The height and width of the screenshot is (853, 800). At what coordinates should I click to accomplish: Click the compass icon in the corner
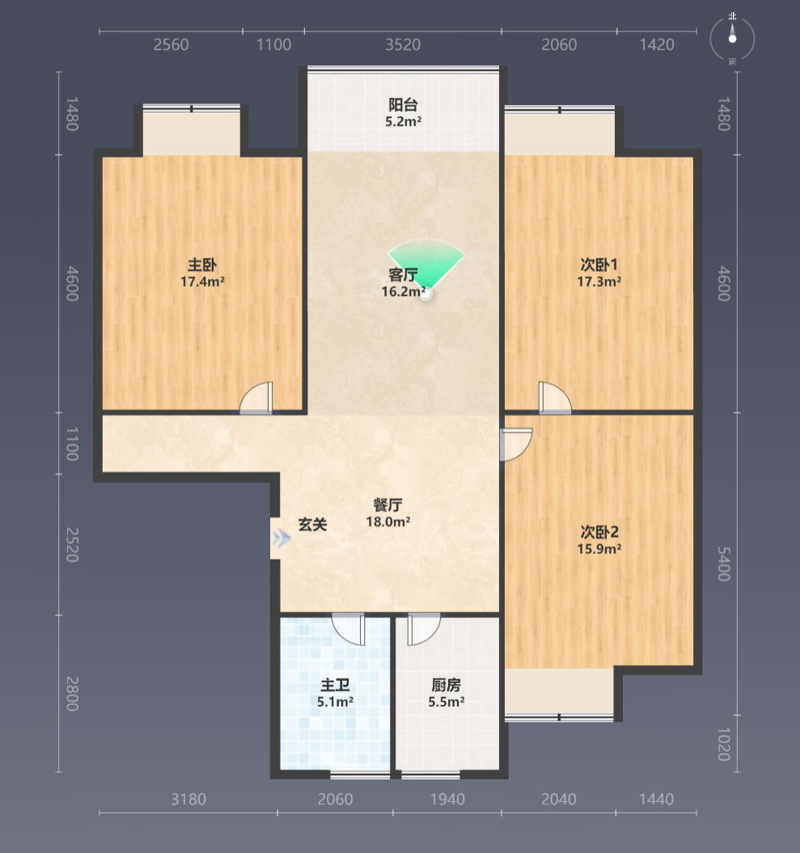click(x=732, y=39)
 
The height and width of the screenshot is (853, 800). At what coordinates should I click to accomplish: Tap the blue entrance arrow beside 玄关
click(x=282, y=538)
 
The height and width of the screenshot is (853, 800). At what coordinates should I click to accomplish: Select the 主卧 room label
click(x=202, y=265)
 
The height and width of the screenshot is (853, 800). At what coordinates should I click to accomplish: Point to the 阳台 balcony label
click(x=404, y=104)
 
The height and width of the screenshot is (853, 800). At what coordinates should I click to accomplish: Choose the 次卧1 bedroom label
click(x=599, y=264)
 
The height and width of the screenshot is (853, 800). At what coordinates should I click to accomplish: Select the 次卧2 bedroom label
click(x=599, y=531)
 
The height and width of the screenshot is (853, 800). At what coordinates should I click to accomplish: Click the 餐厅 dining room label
click(x=388, y=505)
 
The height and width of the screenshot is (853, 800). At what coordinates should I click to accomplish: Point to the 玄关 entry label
click(x=313, y=525)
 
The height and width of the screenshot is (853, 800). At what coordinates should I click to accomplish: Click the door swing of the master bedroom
click(x=256, y=398)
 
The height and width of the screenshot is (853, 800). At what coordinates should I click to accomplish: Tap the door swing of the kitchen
click(x=423, y=629)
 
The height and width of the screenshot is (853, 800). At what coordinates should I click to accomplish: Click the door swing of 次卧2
click(x=516, y=445)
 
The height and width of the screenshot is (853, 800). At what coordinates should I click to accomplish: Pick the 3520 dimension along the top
click(x=404, y=44)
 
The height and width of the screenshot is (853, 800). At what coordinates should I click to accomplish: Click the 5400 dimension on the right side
click(x=724, y=564)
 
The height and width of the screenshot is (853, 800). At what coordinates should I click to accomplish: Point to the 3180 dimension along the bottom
click(x=188, y=799)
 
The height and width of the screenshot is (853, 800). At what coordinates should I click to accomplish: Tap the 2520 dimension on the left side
click(x=72, y=545)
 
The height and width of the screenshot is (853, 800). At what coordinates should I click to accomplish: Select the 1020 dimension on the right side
click(x=724, y=744)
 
